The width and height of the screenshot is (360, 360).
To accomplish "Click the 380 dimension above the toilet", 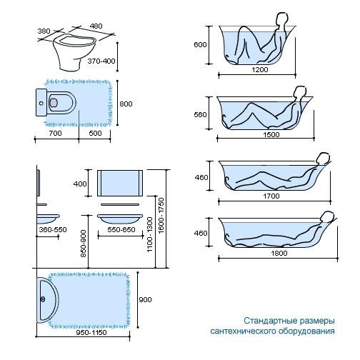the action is (x=44, y=31).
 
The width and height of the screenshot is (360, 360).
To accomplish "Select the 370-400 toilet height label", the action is (x=101, y=61).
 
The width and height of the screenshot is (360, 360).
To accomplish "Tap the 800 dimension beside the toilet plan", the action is (x=126, y=104).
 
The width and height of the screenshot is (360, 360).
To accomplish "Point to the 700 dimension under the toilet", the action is (x=56, y=133).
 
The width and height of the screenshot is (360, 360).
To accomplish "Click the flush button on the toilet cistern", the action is (x=41, y=104).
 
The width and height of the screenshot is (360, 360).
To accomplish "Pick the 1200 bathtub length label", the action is (x=260, y=70).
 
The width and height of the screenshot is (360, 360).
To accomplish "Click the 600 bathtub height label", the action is (x=200, y=45).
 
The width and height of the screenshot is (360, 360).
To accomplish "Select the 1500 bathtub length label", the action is (x=271, y=135).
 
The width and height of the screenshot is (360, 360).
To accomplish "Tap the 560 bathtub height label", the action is (x=200, y=115).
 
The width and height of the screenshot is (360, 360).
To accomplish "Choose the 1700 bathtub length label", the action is (x=271, y=196).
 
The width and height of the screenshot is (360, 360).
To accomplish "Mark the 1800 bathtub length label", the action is (x=279, y=253).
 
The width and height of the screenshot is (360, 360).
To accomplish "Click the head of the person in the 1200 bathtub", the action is (x=281, y=19).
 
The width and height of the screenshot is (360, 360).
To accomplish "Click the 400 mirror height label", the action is (x=80, y=184).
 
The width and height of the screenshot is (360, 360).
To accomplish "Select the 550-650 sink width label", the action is (x=121, y=230).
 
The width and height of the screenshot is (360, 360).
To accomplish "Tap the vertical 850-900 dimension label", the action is (x=84, y=244).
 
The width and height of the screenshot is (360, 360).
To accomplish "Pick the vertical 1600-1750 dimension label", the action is (x=161, y=216).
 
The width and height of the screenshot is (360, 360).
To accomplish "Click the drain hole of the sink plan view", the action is (x=43, y=299).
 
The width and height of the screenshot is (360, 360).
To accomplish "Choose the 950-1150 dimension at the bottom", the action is (x=91, y=333).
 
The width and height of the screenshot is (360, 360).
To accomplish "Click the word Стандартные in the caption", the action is (x=270, y=321).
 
